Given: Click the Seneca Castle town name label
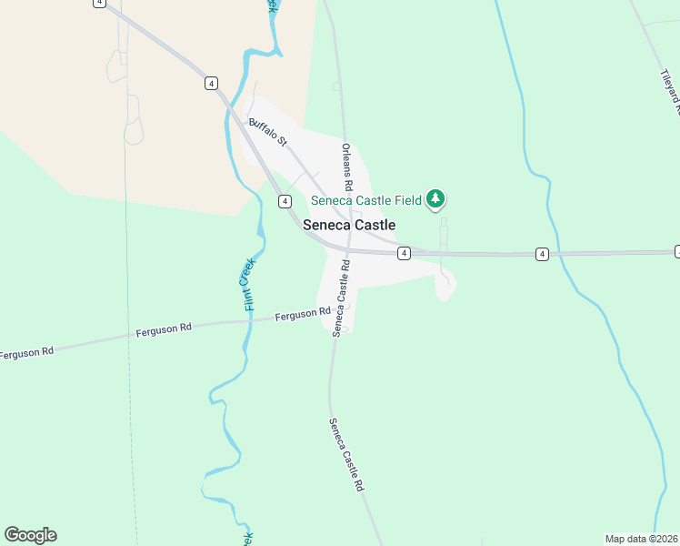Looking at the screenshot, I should click(x=349, y=225).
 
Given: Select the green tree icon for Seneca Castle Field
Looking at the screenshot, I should click(x=436, y=198).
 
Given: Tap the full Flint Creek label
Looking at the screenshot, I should click(x=250, y=284).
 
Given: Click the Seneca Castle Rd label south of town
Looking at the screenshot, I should click(x=346, y=455).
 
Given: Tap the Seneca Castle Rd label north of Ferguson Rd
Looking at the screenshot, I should click(x=342, y=298).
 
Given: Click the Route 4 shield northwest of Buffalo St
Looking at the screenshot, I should click(x=211, y=83).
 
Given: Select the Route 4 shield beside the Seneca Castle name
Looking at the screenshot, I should click(x=285, y=201).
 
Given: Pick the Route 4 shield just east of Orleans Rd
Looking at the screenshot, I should click(x=404, y=254).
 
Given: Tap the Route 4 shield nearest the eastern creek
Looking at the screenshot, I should click(x=542, y=254).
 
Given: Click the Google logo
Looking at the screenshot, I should click(x=30, y=535).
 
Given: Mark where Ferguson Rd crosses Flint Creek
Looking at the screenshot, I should click(x=245, y=322).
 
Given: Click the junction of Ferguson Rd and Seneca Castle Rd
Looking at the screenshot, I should click(x=330, y=318).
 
